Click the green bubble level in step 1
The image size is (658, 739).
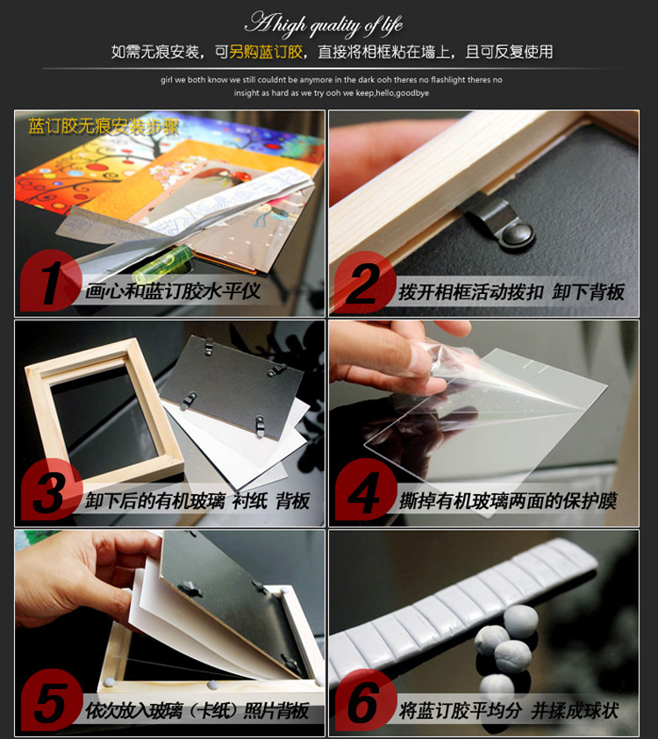click(163, 264)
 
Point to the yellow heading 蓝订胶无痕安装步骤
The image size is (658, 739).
click(104, 126)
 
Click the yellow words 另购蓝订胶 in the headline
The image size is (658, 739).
click(266, 52)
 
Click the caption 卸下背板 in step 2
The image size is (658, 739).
click(589, 292)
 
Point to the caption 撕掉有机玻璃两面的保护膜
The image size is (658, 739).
click(509, 501)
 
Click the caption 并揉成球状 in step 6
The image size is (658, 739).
click(575, 711)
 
